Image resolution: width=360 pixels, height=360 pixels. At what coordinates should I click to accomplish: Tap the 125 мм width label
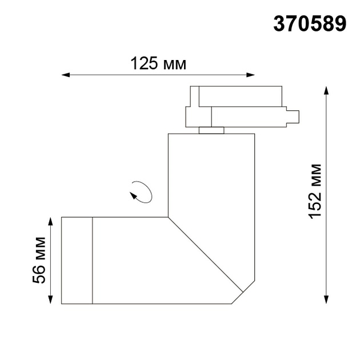pos(158,63)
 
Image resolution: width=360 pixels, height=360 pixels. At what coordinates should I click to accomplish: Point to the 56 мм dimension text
pos(39,260)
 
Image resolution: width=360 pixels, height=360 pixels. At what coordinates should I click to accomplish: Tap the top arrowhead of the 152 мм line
pos(326,91)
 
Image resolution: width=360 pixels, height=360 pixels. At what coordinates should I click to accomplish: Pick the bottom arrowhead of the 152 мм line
pos(326,300)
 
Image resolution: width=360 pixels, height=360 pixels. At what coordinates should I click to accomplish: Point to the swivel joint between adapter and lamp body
pos(211,130)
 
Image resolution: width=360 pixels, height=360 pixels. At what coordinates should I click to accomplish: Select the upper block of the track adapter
pos(237,96)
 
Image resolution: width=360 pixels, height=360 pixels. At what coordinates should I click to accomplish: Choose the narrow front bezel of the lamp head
pos(77,260)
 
